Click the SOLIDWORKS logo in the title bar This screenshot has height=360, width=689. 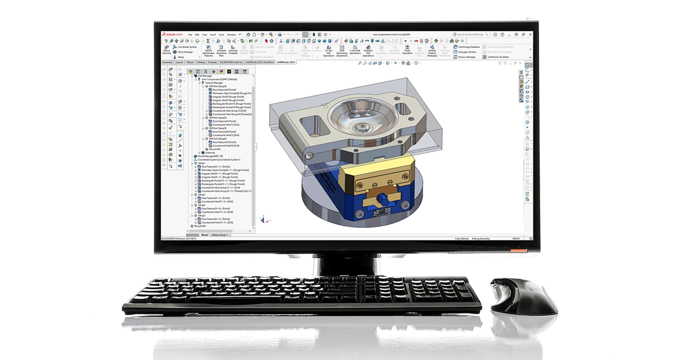173,34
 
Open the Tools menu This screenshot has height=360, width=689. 221,34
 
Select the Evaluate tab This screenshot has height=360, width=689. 212,61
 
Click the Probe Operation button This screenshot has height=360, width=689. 407,51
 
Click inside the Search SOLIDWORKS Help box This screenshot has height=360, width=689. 479,34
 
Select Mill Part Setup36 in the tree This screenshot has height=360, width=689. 218,86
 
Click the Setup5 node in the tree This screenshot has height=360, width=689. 202,215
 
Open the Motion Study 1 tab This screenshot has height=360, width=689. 220,235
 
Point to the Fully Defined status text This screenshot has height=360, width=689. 463,238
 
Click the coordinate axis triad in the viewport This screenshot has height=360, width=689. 263,219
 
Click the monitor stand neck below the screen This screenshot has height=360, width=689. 344,261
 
